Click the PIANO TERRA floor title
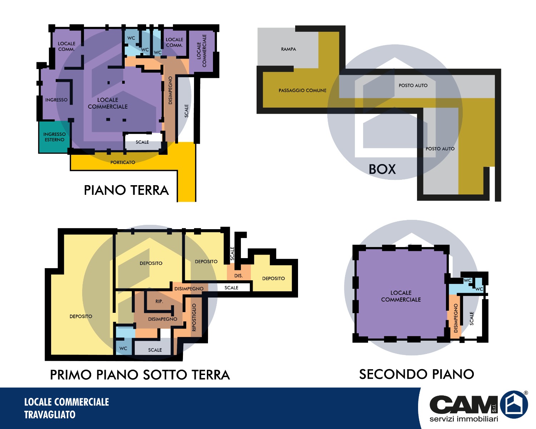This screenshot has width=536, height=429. tap(126, 190)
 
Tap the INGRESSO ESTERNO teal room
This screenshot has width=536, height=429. tap(54, 137)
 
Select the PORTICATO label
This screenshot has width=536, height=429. tap(123, 163)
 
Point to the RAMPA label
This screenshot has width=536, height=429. tap(288, 49)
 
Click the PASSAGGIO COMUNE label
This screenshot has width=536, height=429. tap(302, 90)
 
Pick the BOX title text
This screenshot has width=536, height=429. tap(382, 169)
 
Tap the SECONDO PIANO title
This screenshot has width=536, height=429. tap(416, 374)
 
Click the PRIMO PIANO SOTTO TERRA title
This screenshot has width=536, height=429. tap(140, 375)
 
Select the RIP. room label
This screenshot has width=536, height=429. tap(159, 301)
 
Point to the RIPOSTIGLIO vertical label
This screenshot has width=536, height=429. tap(194, 317)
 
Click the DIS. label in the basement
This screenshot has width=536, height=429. tap(238, 276)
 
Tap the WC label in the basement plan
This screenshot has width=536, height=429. tap(123, 348)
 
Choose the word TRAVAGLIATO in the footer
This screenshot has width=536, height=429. tap(50, 415)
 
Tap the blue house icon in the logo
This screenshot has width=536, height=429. tap(513, 404)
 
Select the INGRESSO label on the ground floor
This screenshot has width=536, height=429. tap(56, 100)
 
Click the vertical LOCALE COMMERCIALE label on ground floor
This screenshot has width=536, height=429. tap(202, 51)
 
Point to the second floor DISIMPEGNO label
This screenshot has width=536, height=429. tap(456, 318)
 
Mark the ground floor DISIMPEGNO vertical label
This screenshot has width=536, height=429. tap(170, 90)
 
